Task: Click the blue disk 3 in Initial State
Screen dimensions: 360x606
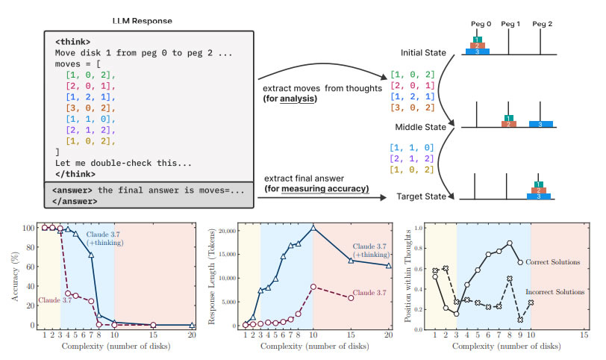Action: click(477, 52)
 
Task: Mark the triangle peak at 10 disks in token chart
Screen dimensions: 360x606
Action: click(313, 227)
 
